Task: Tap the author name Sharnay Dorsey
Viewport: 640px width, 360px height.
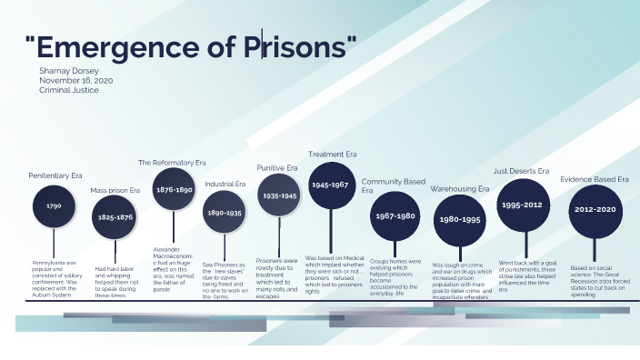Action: click(x=69, y=69)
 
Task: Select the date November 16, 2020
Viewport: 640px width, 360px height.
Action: click(x=75, y=80)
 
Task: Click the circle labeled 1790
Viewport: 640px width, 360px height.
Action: click(x=54, y=207)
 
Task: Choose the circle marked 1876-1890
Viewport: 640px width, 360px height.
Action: click(x=173, y=189)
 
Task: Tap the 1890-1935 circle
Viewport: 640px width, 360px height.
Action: click(x=224, y=212)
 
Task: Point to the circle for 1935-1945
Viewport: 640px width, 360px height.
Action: click(x=278, y=195)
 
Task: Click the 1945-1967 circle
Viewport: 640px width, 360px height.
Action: click(x=330, y=185)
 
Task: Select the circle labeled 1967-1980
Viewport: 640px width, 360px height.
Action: click(x=395, y=216)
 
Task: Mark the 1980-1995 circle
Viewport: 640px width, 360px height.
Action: click(x=460, y=219)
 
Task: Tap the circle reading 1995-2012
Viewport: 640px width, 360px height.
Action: click(x=522, y=205)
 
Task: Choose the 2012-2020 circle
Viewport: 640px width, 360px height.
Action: click(x=595, y=209)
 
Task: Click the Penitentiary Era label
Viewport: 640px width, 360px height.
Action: click(x=55, y=175)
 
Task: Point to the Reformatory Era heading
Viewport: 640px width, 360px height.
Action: click(x=172, y=162)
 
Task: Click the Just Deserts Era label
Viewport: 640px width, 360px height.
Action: click(x=521, y=170)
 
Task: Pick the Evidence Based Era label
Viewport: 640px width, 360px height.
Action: click(x=595, y=179)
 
